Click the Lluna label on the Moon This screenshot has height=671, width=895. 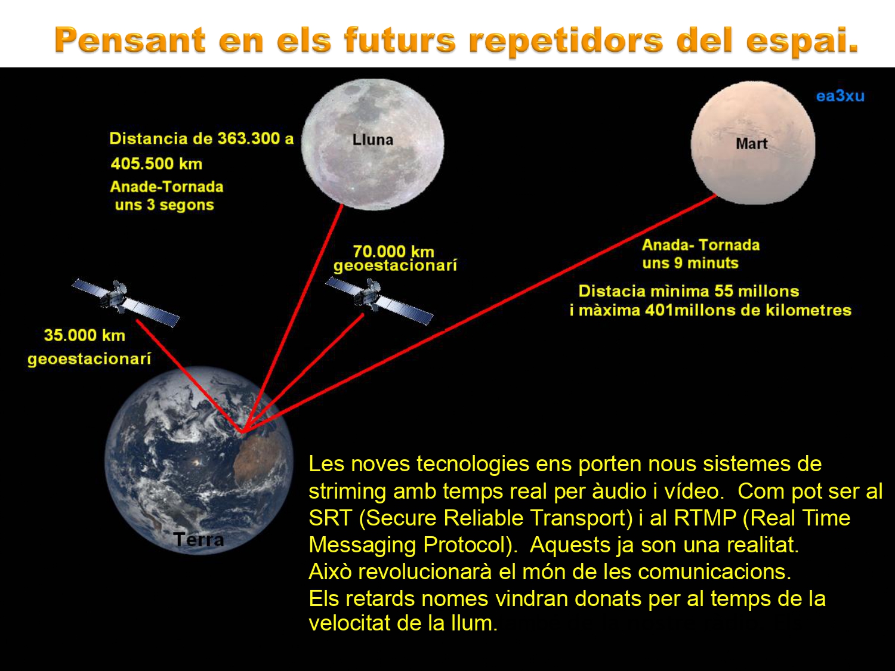coord(373,140)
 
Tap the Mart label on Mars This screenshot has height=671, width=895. coord(751,143)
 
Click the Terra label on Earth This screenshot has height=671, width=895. coord(199,540)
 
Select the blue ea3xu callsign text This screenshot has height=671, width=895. coord(840,96)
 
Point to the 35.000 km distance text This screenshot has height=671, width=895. coord(84,335)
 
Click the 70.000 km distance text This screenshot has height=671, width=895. coord(393,251)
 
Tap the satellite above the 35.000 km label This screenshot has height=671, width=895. coord(125,302)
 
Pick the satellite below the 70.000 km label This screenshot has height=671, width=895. coord(379,301)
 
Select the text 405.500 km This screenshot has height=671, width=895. coord(156,164)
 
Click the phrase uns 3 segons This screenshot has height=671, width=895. coord(164,205)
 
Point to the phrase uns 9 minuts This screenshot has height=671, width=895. coord(690,263)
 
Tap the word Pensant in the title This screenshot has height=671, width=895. coord(129,41)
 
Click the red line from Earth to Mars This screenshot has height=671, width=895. coord(479,313)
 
